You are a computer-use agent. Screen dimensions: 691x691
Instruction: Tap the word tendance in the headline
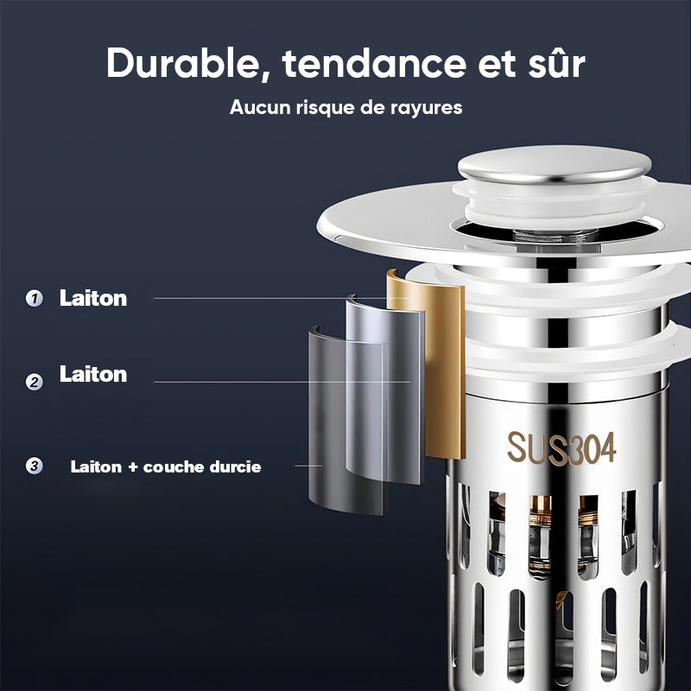click(x=374, y=63)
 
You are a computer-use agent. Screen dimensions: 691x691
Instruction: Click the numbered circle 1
click(x=34, y=298)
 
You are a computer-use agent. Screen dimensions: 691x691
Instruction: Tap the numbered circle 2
click(x=34, y=382)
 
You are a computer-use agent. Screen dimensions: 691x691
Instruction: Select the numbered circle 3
click(x=34, y=466)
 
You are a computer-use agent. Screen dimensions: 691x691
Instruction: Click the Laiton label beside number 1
click(x=93, y=298)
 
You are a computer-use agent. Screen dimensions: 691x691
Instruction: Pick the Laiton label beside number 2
click(x=93, y=374)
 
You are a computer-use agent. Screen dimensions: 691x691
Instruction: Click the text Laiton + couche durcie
click(x=166, y=466)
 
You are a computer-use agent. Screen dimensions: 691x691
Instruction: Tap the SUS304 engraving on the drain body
click(x=561, y=447)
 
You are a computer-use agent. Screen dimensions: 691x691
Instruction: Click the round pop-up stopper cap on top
click(x=555, y=165)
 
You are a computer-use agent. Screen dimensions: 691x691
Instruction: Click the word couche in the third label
click(x=174, y=467)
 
